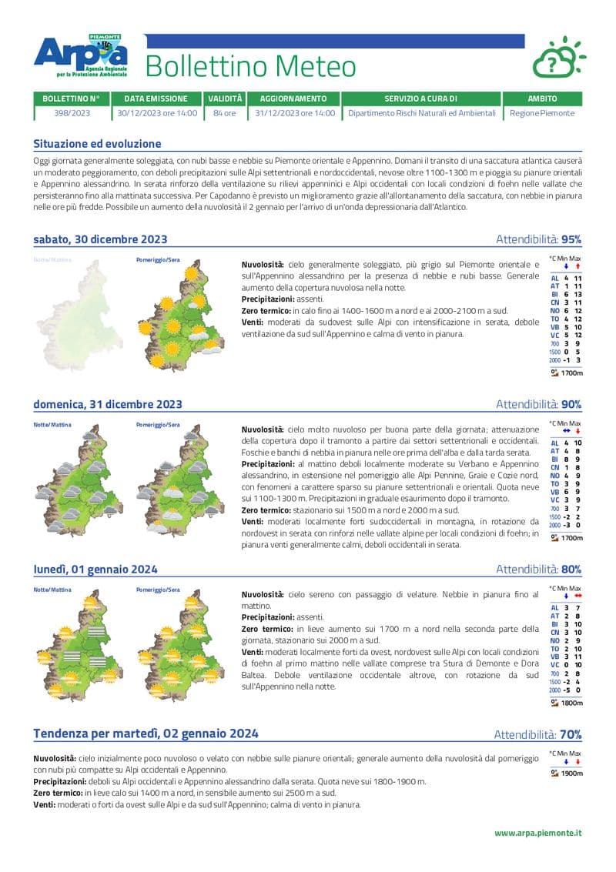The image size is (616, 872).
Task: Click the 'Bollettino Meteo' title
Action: (250, 68)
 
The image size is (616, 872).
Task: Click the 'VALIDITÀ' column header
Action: (225, 99)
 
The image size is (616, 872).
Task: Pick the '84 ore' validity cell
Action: (225, 113)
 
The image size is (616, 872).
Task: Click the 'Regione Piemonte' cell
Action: (542, 113)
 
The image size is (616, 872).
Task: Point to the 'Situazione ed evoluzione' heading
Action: (97, 144)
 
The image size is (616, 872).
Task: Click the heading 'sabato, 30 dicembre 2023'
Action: (100, 239)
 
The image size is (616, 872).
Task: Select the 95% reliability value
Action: (571, 239)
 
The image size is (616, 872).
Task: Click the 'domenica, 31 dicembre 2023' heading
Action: (108, 405)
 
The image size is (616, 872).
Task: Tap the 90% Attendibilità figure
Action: (571, 405)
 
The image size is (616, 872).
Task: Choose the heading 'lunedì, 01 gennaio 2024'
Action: (95, 570)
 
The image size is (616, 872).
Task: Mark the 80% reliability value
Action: (571, 570)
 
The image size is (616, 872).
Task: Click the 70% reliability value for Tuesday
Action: (571, 734)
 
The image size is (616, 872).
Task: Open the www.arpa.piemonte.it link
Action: (537, 833)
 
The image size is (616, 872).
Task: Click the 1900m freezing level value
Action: (571, 773)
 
